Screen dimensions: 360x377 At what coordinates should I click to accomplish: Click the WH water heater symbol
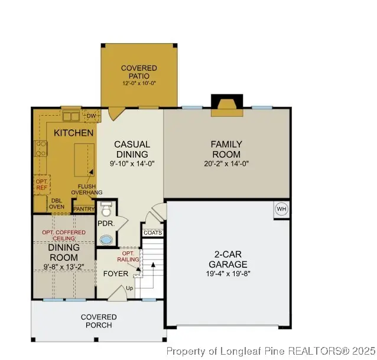281,209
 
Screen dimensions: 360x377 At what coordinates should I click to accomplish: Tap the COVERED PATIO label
139,72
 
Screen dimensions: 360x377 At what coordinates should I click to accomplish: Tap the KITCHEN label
73,133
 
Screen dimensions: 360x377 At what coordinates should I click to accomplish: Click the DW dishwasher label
90,116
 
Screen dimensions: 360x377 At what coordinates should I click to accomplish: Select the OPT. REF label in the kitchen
41,184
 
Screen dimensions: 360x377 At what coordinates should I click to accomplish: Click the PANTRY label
83,208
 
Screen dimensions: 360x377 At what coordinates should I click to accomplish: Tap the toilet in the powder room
106,211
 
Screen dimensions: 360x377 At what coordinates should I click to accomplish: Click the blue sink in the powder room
106,240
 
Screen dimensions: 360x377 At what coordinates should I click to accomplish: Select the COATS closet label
152,233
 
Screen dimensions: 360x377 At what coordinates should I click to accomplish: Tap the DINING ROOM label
63,253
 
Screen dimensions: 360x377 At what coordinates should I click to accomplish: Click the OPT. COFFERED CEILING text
63,236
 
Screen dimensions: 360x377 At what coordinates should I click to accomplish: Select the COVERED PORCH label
99,321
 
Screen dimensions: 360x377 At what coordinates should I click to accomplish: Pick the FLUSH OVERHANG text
86,189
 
